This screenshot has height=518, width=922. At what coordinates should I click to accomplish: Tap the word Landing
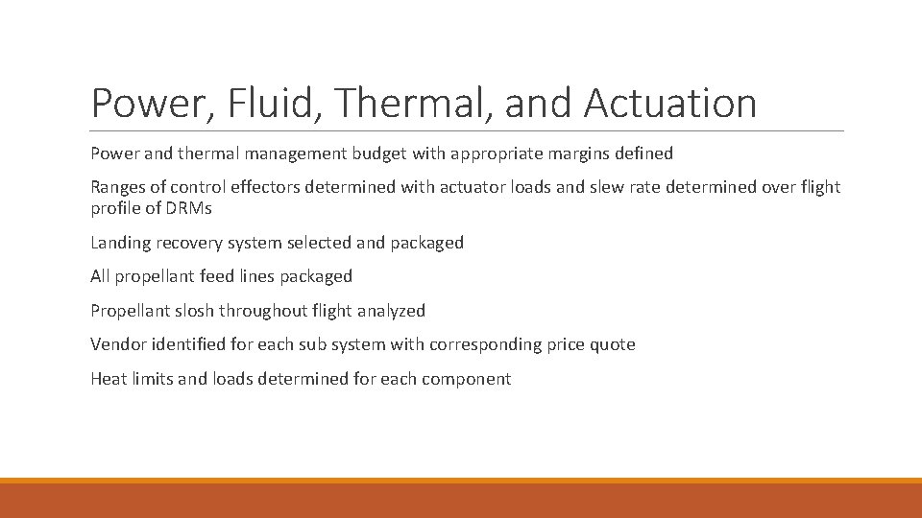point(121,243)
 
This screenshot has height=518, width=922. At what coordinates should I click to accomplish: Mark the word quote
point(613,344)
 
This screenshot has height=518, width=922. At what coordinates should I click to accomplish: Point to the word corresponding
point(483,344)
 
